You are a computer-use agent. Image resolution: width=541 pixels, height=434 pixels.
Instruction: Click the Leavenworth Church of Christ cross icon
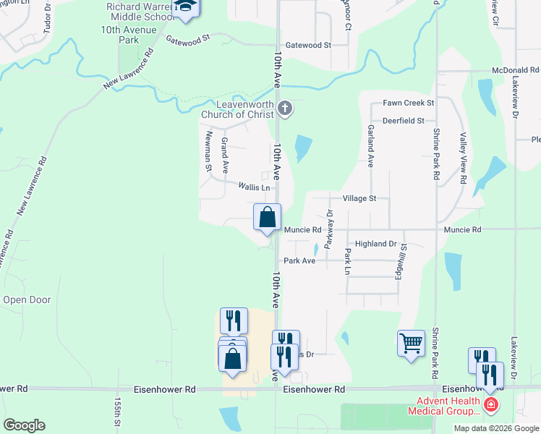(x=285, y=109)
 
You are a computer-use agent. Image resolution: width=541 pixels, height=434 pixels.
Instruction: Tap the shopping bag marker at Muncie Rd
(x=267, y=217)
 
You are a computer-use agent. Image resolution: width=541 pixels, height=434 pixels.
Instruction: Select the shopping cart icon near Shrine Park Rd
(x=411, y=343)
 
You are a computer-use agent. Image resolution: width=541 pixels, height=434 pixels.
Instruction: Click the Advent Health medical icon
(x=491, y=404)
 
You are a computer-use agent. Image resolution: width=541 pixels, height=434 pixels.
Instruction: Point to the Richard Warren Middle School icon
(x=187, y=7)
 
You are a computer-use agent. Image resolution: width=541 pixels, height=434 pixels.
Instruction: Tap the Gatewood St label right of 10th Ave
(x=308, y=45)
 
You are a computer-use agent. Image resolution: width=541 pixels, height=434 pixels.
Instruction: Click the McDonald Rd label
(x=515, y=70)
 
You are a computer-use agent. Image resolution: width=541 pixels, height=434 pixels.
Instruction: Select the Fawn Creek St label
(x=409, y=103)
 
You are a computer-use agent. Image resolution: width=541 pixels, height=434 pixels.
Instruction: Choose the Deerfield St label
(x=404, y=121)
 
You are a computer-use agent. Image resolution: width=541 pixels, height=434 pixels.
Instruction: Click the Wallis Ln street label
(x=254, y=187)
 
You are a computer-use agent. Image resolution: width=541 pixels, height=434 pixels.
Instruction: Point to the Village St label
(x=359, y=197)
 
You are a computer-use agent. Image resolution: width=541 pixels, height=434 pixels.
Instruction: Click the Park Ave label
(x=299, y=260)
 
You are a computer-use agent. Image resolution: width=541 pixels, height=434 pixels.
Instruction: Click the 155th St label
(x=116, y=413)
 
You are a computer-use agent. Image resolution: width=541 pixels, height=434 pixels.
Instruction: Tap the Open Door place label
(x=27, y=299)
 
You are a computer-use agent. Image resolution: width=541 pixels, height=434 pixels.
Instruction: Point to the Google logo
(x=24, y=425)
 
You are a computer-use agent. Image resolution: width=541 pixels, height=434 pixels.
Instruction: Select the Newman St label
(x=208, y=156)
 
